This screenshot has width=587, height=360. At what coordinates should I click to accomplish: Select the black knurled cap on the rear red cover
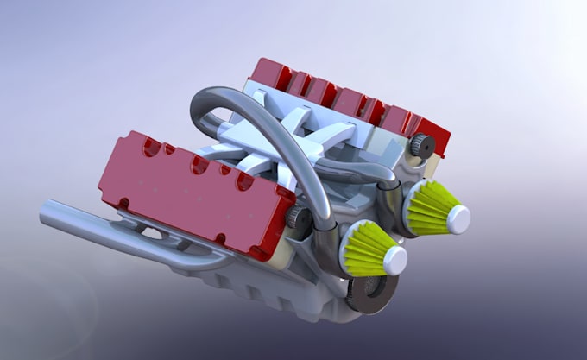coord(420,146)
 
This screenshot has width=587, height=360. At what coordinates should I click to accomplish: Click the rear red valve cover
coord(345,99)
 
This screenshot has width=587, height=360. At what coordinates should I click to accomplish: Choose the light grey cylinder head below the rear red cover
coord(380,138)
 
